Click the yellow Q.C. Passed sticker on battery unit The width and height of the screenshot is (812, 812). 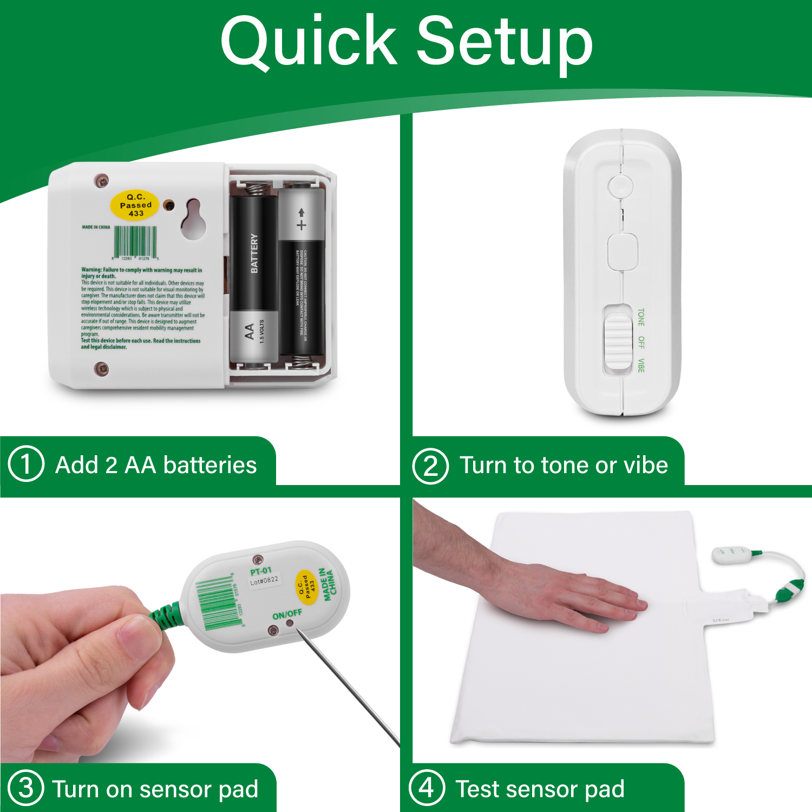135,205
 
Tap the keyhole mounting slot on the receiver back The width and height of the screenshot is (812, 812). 193,220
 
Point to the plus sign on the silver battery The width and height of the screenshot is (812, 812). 302,224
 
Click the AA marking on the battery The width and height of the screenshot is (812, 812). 250,331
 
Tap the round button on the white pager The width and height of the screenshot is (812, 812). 620,186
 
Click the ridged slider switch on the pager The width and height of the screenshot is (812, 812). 618,340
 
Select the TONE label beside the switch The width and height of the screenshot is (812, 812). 641,317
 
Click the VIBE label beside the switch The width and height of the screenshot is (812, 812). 641,365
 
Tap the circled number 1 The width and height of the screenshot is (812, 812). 26,464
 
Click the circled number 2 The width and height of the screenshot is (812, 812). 430,466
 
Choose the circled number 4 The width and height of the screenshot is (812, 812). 427,788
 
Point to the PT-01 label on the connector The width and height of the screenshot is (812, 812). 261,571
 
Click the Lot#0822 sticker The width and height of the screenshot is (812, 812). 264,581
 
